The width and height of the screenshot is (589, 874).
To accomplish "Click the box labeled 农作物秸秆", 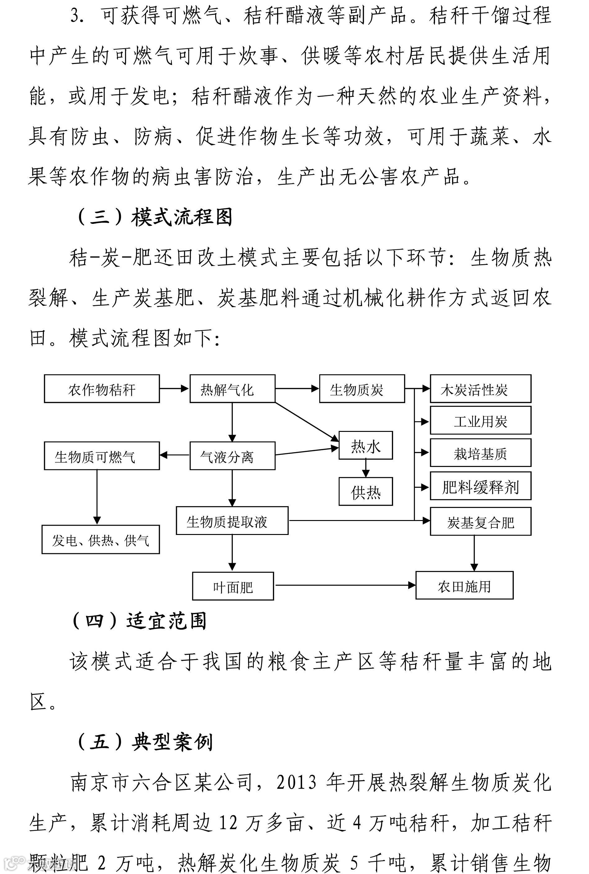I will [x=102, y=389].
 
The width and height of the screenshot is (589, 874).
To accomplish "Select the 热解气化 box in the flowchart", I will [x=232, y=389].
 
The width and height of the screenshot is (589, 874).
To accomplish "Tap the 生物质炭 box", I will [x=362, y=389].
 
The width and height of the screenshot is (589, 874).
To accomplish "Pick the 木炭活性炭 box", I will [x=480, y=389].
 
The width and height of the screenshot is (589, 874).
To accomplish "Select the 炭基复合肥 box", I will [x=480, y=521].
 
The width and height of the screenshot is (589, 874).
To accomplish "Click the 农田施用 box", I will [x=464, y=585].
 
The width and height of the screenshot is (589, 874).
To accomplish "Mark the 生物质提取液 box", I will [x=232, y=521].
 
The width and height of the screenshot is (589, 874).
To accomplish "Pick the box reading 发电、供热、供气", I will [x=101, y=539].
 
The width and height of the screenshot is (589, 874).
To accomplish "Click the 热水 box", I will [x=365, y=446].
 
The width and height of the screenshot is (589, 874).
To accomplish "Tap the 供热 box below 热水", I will [x=365, y=491].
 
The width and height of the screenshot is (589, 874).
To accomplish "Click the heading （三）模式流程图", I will [x=154, y=217].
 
